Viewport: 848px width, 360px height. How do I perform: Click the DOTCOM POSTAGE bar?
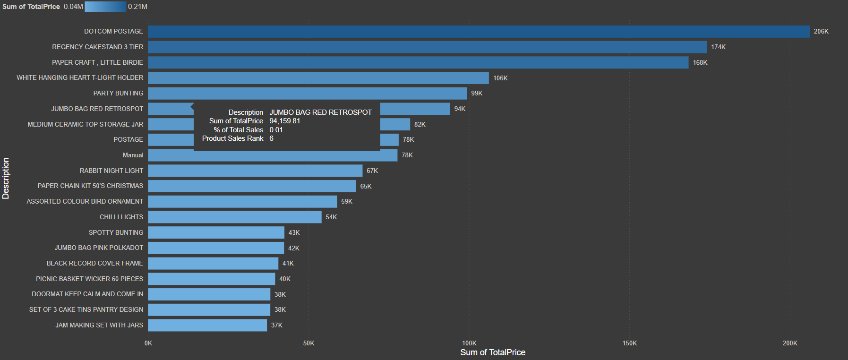[478, 32]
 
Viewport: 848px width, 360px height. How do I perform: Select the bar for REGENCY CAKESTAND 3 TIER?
[427, 47]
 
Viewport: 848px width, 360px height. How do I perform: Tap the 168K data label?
[700, 63]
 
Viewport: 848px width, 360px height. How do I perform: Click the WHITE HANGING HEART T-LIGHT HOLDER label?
[80, 77]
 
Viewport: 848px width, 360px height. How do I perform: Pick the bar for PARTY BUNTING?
[307, 94]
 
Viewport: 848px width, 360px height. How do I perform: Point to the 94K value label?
[460, 109]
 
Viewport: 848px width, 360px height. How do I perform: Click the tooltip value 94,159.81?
[284, 121]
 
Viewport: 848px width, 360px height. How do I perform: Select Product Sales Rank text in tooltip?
[232, 138]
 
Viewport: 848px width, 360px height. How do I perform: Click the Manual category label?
[133, 155]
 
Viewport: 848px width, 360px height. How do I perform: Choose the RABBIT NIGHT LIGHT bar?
[255, 171]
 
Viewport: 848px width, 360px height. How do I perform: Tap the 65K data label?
[366, 187]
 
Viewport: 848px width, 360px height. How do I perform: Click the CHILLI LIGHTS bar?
[234, 217]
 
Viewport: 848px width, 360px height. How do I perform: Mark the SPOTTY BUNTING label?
[116, 232]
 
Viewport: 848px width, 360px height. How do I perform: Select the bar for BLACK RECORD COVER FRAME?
[213, 264]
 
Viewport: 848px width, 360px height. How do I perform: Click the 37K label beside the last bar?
[276, 326]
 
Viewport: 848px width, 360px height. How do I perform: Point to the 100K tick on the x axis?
[469, 343]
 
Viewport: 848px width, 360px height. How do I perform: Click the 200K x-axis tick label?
[789, 343]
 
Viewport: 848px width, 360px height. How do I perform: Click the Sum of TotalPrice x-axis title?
[493, 352]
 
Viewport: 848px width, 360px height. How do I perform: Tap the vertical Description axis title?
[6, 178]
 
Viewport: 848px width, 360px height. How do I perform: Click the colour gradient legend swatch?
[105, 7]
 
